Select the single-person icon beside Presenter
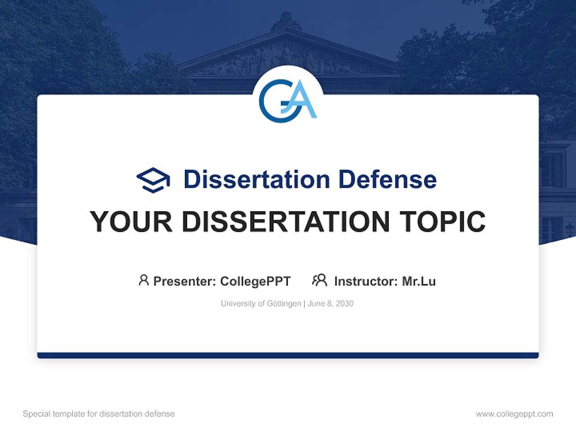point(143,280)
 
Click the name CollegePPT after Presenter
point(255,281)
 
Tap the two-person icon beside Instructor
point(319,280)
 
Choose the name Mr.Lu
point(419,281)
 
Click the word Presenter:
point(185,281)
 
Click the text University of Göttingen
point(260,304)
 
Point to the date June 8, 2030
point(331,304)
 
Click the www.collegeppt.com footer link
point(514,414)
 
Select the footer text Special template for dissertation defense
point(98,414)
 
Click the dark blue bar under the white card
point(288,355)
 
